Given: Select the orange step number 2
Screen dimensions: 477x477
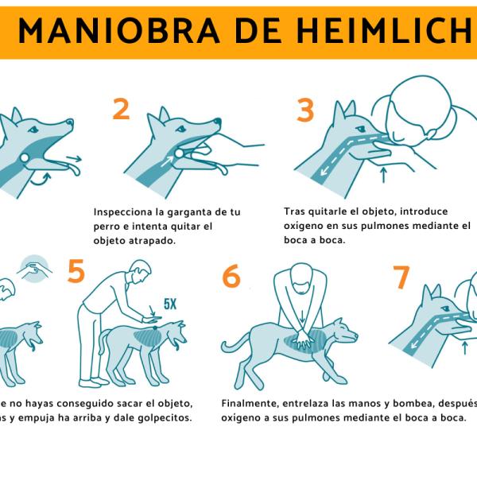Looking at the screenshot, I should tap(121, 109).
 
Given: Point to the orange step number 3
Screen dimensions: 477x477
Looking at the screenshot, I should tap(305, 111).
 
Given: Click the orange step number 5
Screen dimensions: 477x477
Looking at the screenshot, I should tap(76, 272).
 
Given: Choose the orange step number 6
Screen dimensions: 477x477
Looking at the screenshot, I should tap(231, 277).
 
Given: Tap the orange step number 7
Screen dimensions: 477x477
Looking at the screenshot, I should tap(401, 278).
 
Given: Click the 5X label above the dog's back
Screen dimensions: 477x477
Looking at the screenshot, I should tap(170, 304).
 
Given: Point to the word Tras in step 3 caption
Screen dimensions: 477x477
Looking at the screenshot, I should tap(294, 212).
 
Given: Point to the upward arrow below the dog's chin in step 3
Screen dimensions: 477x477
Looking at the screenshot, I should tap(384, 173).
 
